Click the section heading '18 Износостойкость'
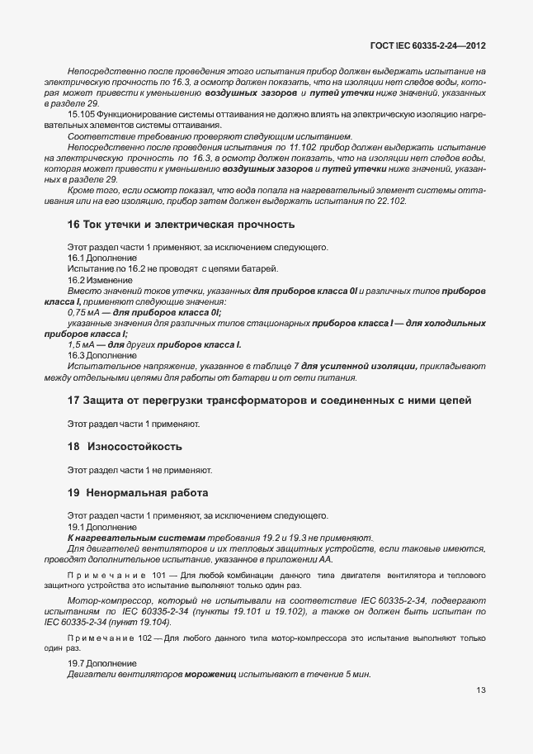pos(125,447)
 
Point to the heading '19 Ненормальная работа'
pos(137,493)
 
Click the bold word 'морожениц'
pos(211,675)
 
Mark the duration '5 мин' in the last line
pos(356,675)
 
